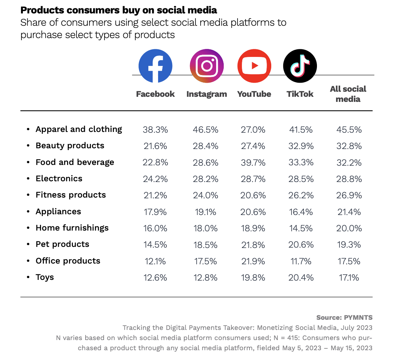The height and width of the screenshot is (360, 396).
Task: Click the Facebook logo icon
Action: click(x=155, y=66)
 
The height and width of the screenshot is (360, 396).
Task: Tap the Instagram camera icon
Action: click(x=207, y=66)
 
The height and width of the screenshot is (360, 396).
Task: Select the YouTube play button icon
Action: click(x=254, y=66)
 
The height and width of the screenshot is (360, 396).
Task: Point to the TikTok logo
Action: click(x=300, y=66)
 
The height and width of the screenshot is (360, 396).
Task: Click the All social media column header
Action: click(x=348, y=94)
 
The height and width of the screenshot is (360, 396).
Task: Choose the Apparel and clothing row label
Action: click(x=79, y=129)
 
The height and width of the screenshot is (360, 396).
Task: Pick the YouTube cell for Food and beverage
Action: click(x=253, y=162)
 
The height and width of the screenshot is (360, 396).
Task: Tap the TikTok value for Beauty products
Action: click(x=300, y=146)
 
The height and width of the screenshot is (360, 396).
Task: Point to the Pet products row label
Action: click(x=62, y=244)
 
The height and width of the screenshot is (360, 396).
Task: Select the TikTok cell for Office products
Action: click(x=300, y=261)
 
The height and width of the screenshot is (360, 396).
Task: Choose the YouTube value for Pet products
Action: click(x=253, y=245)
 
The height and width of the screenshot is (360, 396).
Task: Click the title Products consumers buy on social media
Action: click(x=119, y=10)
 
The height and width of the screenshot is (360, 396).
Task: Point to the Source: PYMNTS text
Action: click(x=344, y=318)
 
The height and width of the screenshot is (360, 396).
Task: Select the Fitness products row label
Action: click(x=71, y=195)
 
